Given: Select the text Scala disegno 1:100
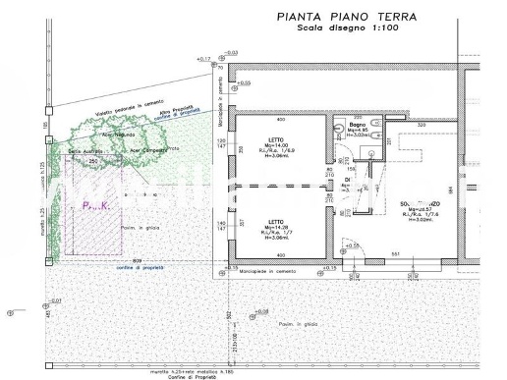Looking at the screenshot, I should pyautogui.click(x=360, y=28).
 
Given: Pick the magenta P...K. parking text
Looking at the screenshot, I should pyautogui.click(x=94, y=206).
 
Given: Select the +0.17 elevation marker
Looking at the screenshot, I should pyautogui.click(x=203, y=61).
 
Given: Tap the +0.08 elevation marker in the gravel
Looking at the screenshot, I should pyautogui.click(x=260, y=311).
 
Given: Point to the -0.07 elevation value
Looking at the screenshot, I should pyautogui.click(x=56, y=299).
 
